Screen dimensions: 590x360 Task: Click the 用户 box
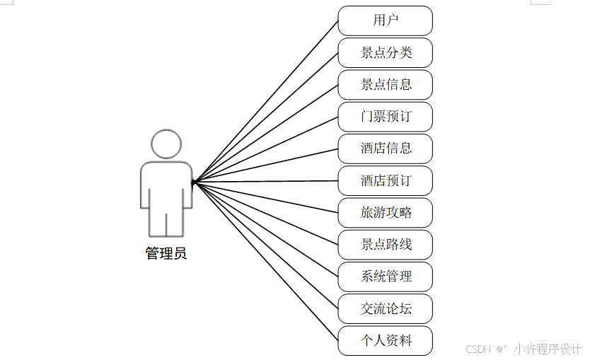(385, 21)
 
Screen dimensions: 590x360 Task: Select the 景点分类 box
(385, 52)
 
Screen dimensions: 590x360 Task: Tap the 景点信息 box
(385, 85)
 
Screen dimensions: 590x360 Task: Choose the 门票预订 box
(385, 117)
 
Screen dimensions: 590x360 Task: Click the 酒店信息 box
(385, 149)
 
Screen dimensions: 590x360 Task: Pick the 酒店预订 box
(385, 181)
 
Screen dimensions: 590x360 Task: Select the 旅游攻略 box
(385, 213)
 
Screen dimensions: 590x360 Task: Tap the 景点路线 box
(385, 245)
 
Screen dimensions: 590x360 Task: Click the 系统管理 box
(385, 277)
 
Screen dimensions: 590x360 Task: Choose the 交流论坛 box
(385, 309)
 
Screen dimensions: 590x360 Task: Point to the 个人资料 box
(385, 341)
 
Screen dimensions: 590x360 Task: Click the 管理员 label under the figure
(166, 253)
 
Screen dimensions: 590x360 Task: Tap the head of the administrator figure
(166, 144)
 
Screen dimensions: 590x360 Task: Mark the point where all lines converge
(193, 182)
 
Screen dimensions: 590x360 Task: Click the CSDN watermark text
(478, 349)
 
